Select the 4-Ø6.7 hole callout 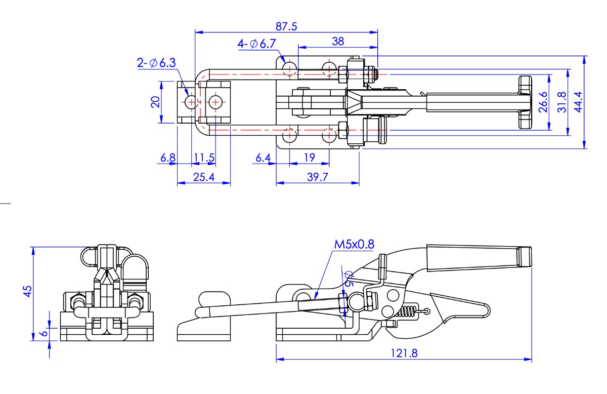tap(256, 44)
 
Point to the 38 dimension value tap(338, 41)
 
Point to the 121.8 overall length tap(404, 353)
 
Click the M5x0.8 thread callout tap(354, 245)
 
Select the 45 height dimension tap(28, 291)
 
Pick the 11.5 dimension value tap(204, 158)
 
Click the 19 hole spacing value tap(309, 158)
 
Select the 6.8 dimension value tap(168, 158)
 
